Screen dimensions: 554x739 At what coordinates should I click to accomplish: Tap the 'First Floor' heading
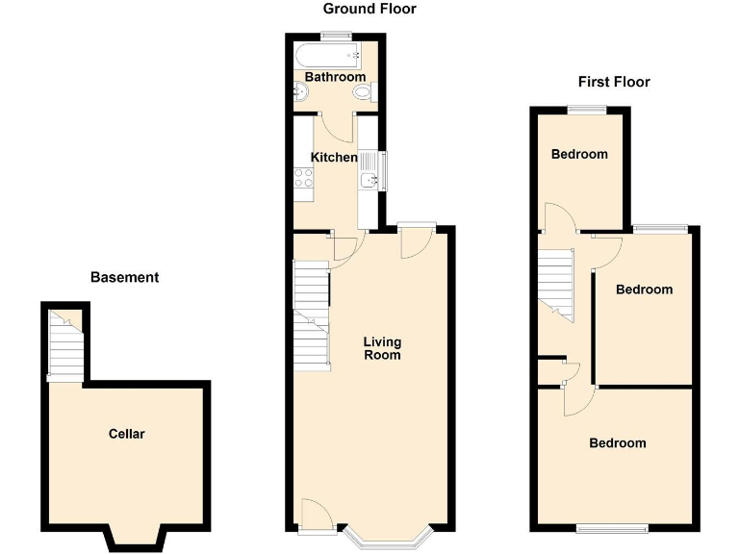(613, 82)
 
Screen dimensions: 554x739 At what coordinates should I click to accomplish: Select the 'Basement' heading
(124, 278)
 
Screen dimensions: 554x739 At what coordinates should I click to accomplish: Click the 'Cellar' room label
(126, 434)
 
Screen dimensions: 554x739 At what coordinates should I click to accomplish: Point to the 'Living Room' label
(382, 348)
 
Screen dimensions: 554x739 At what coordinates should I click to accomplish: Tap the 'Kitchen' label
(334, 158)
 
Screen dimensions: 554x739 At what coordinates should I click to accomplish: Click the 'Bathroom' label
(335, 77)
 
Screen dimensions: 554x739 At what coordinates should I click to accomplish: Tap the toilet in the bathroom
(362, 93)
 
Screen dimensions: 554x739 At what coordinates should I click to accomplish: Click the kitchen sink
(369, 175)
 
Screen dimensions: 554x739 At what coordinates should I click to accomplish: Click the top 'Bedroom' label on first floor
(579, 155)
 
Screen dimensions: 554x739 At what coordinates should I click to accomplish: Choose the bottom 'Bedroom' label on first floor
(617, 443)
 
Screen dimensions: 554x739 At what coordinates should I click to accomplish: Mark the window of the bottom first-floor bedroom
(613, 527)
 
